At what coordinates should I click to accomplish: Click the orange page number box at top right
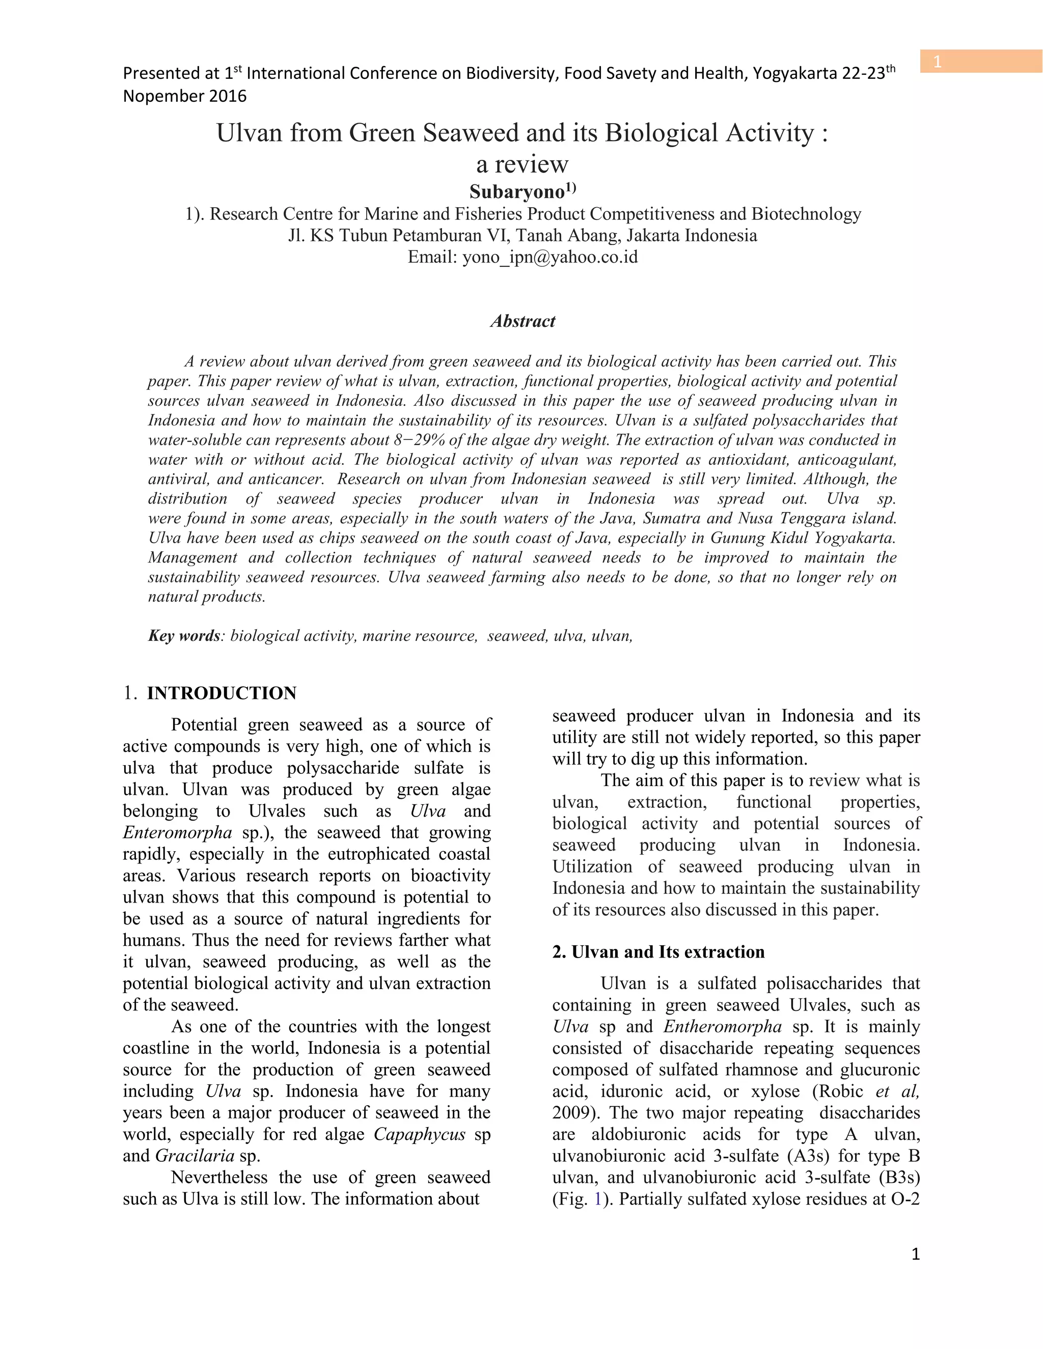click(980, 62)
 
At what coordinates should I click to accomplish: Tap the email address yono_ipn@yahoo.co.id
click(550, 257)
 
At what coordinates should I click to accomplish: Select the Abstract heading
click(523, 321)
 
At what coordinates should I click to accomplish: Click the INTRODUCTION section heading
click(221, 693)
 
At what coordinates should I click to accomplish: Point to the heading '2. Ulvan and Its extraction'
click(658, 952)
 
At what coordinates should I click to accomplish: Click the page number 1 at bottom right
click(915, 1254)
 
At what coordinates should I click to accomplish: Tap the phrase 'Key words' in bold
click(183, 636)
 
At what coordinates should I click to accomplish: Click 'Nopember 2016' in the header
click(185, 96)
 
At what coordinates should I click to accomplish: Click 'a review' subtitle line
click(522, 164)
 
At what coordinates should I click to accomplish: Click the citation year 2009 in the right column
click(571, 1112)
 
